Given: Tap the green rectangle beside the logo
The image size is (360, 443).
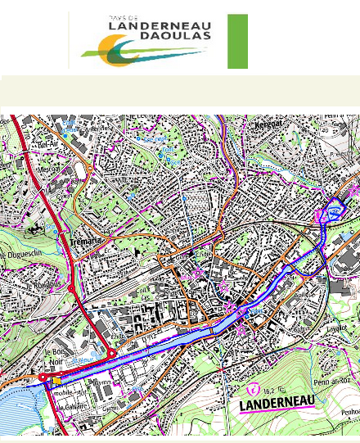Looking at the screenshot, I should [x=237, y=41].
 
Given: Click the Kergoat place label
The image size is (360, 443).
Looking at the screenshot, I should [x=272, y=125].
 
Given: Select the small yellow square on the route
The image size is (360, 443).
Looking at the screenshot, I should [x=56, y=381].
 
